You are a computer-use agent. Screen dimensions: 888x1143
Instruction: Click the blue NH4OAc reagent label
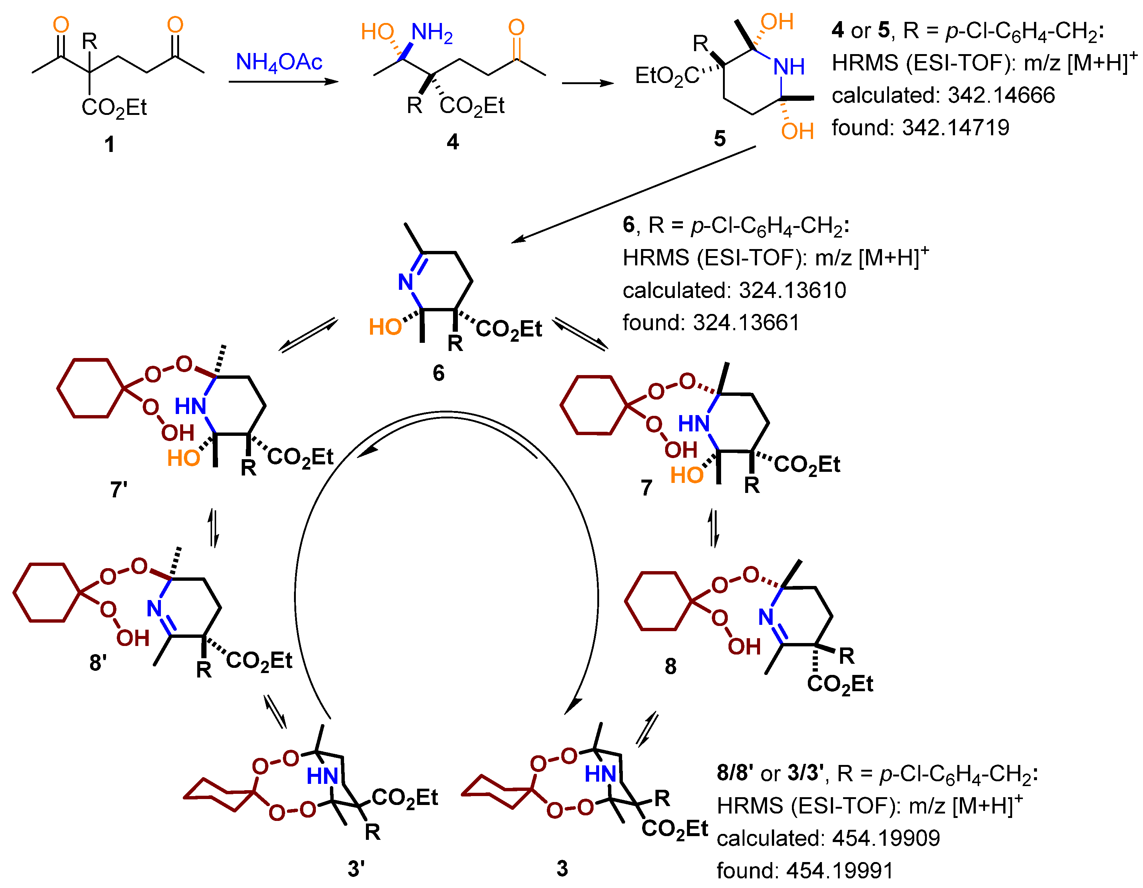click(x=278, y=63)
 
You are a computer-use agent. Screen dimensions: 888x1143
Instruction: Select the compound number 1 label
click(x=109, y=144)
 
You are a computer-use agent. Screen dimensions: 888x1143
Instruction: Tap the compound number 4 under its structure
click(x=453, y=142)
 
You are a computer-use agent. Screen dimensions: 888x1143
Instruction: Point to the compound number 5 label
click(x=720, y=139)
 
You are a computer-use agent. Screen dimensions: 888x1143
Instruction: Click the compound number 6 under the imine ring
click(x=439, y=373)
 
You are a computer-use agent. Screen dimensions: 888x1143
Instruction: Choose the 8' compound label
click(x=98, y=662)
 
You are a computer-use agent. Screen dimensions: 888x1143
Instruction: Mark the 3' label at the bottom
click(x=356, y=869)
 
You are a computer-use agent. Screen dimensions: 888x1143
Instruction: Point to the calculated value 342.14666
click(x=1001, y=95)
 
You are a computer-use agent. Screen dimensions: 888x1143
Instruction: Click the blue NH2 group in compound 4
click(x=431, y=33)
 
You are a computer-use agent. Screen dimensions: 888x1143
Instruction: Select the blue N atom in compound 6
click(x=406, y=282)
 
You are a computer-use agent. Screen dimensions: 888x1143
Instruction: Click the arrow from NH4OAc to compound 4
click(x=283, y=82)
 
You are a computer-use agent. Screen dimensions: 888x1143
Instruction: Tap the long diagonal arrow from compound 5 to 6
click(x=633, y=194)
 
